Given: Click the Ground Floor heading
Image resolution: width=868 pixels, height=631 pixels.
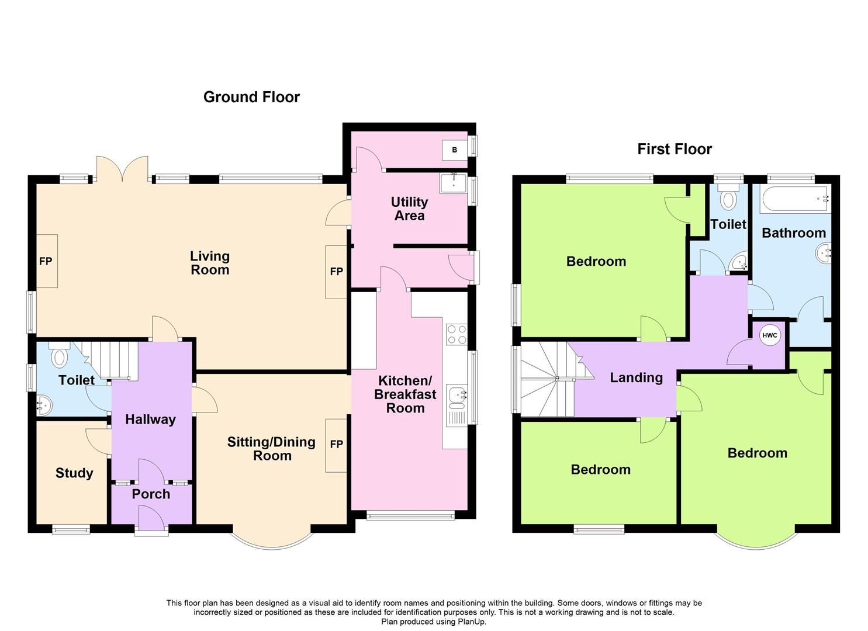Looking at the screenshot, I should [x=251, y=97].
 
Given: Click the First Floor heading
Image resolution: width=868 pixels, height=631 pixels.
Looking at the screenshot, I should [x=674, y=149].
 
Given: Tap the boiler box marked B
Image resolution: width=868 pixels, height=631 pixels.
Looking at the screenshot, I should [x=454, y=150].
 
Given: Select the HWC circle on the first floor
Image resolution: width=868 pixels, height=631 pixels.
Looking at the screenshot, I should [x=770, y=335].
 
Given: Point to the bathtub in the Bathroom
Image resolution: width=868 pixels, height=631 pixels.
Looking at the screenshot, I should [x=794, y=199].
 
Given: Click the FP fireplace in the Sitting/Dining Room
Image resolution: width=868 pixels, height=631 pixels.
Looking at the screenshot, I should [x=336, y=445].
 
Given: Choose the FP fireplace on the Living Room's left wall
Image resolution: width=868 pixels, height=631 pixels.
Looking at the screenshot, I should [x=46, y=261].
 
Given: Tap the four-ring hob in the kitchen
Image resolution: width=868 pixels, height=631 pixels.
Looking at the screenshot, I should [x=456, y=334].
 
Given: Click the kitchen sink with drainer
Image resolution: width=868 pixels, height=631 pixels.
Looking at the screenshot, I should [x=456, y=403].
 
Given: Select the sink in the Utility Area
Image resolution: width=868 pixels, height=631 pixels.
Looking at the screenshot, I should [x=452, y=183].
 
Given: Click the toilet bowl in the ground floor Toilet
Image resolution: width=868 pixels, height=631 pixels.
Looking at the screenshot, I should [x=59, y=356].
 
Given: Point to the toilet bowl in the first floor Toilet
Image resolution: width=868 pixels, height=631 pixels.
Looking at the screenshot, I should [x=728, y=199].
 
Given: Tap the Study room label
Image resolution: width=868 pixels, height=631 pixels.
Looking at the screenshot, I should [x=74, y=473].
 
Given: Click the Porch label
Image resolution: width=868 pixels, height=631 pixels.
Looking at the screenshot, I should [x=151, y=494].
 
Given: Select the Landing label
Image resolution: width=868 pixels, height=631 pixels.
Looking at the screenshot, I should [x=636, y=377].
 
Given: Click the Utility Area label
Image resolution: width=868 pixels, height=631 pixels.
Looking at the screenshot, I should [x=409, y=209].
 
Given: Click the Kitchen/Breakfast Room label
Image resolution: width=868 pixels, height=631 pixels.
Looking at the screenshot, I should [x=405, y=394].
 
